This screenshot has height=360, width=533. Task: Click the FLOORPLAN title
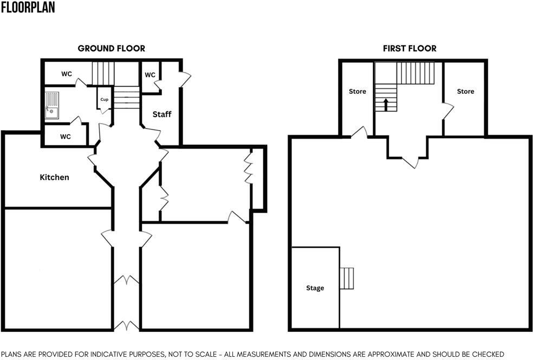28,8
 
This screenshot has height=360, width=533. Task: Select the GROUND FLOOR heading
111,48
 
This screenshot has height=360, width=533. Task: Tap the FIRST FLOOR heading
409,48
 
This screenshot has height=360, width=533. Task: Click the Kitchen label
55,177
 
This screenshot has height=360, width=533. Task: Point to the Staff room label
161,114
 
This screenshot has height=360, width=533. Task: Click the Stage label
315,288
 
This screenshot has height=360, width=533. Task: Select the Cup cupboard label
104,100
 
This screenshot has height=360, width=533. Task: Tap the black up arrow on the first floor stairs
386,104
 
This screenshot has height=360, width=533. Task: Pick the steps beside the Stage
347,278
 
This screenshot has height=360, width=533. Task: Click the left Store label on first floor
357,92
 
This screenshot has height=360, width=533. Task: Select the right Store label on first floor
465,92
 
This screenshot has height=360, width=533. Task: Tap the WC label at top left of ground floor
67,74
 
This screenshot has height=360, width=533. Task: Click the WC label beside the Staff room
150,75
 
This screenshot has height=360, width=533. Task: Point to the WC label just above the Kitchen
66,137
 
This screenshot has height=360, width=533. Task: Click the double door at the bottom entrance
127,325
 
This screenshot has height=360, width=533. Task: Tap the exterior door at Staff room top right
185,80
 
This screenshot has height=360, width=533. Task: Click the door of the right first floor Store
448,111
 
